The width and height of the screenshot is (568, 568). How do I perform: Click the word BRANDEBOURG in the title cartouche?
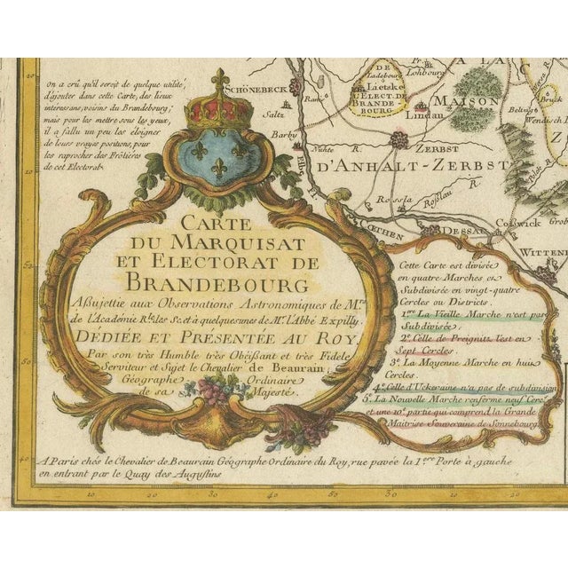pyautogui.click(x=218, y=283)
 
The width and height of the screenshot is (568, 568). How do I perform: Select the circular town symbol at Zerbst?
pyautogui.click(x=399, y=138)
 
